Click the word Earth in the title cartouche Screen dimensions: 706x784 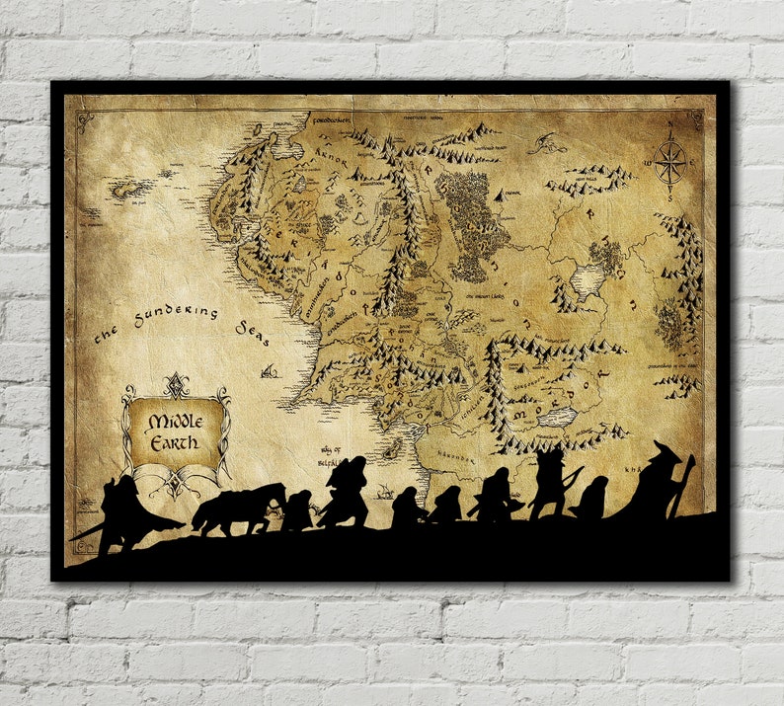[175, 441]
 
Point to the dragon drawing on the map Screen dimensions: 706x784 [545, 143]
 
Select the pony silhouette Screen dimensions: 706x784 [237, 507]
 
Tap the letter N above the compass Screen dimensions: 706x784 [670, 134]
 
